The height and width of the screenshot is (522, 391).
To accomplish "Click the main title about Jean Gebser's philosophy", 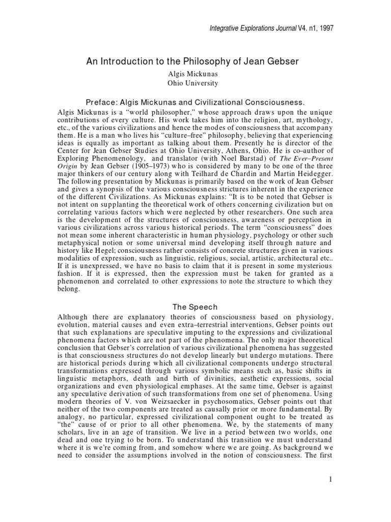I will click(195, 62).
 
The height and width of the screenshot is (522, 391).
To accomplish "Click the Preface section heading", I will click(195, 101).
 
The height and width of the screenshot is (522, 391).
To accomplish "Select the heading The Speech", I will click(195, 307).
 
